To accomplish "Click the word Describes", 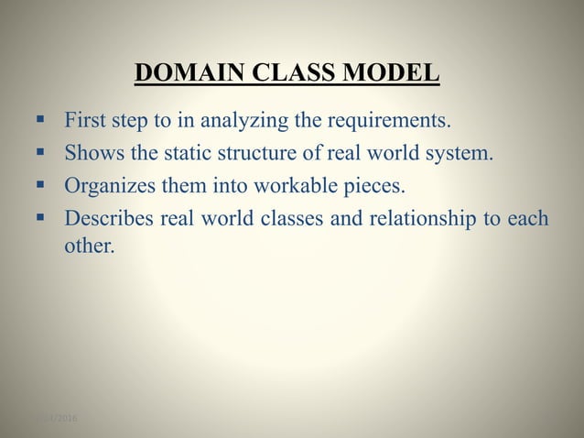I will tap(106, 219).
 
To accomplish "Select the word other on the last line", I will tap(89, 246).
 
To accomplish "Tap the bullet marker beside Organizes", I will tap(41, 185).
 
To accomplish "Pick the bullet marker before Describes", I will tap(41, 218).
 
